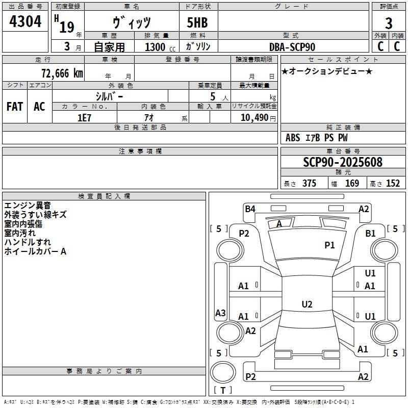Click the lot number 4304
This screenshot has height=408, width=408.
click(25, 21)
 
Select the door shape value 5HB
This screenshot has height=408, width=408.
click(197, 22)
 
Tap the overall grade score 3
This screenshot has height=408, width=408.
click(389, 23)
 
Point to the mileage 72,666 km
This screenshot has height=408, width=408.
click(62, 73)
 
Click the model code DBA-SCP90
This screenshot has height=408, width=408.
click(292, 47)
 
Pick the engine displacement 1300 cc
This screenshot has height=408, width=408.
click(160, 47)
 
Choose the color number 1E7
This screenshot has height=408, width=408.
click(84, 118)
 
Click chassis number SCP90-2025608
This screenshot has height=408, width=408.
click(343, 162)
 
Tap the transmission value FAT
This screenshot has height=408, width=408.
click(15, 107)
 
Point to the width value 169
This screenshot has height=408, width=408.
click(352, 183)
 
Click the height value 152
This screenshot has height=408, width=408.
click(393, 183)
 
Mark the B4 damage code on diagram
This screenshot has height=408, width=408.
click(250, 209)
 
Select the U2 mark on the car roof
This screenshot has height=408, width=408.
click(307, 304)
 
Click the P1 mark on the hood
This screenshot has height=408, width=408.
click(329, 245)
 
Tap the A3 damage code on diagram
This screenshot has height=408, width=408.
click(220, 313)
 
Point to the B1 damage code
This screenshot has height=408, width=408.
click(370, 234)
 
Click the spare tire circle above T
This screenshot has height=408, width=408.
click(223, 372)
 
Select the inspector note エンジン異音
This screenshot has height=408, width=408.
click(28, 206)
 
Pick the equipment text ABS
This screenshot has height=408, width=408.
click(293, 138)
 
